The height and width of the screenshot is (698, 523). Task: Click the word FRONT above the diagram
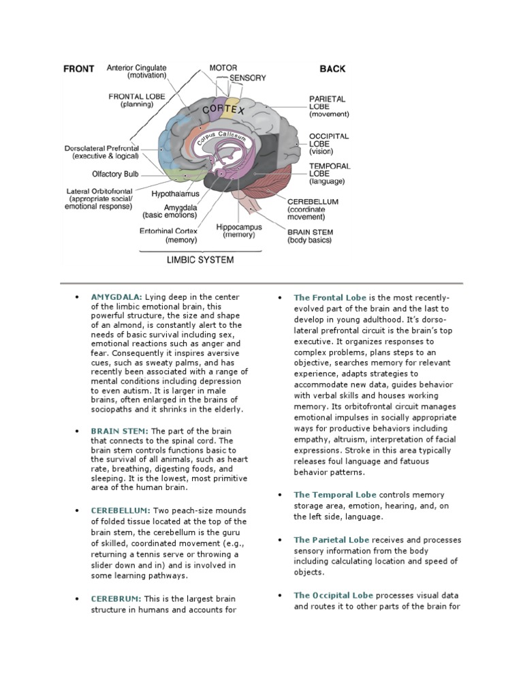coord(78,69)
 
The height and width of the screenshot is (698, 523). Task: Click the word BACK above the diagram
coord(332,69)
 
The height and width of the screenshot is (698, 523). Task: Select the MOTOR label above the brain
coord(223,68)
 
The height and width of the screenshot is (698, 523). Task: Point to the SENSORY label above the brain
coord(247,78)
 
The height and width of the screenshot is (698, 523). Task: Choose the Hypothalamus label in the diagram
coord(175,194)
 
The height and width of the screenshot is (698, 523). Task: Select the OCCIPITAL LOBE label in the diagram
coord(329,140)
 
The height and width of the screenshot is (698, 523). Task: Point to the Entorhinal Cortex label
coord(168,231)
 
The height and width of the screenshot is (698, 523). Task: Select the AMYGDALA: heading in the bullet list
coord(117,298)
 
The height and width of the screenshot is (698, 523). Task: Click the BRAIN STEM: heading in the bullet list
coord(120,431)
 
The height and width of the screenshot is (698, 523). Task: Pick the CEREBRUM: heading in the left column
coord(116,598)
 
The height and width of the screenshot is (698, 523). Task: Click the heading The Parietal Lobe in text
coord(332,540)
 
